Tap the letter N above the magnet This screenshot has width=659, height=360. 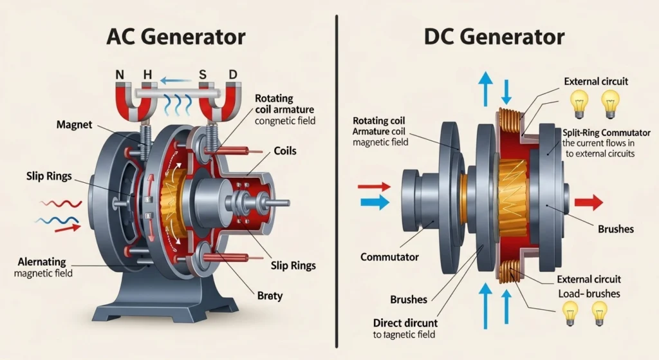point(119,75)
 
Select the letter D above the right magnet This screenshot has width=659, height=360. point(232,75)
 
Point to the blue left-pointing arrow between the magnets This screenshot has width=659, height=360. point(172,81)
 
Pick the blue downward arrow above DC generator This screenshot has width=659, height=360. point(506,90)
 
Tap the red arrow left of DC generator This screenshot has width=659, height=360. point(373,187)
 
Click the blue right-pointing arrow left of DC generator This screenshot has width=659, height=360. point(373,202)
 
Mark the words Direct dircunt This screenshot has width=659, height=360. point(405,323)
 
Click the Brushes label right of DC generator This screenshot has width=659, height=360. point(615,229)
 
